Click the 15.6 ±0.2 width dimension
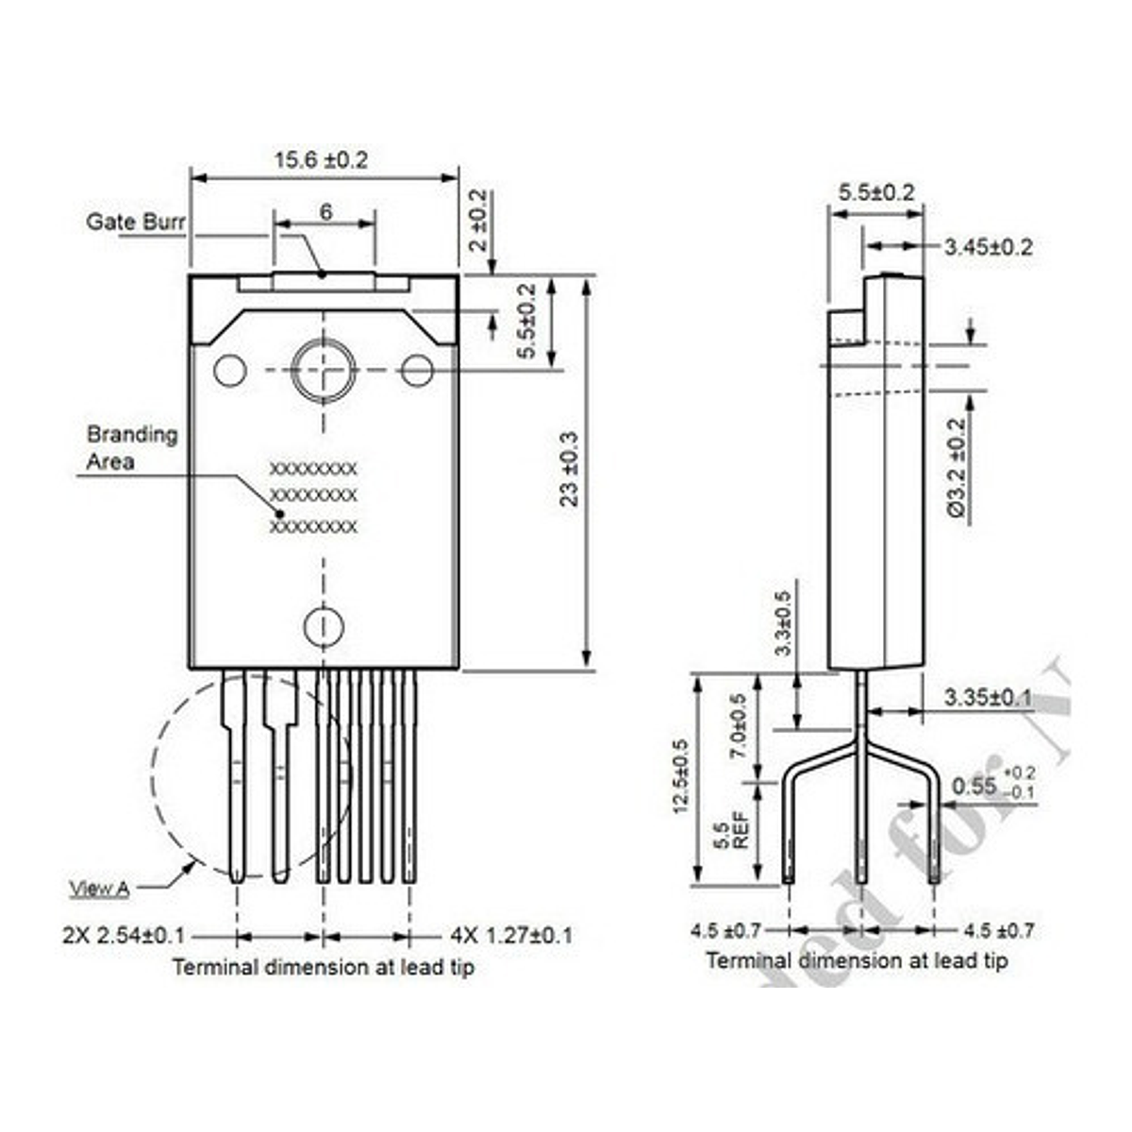pyautogui.click(x=321, y=159)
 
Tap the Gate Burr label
pyautogui.click(x=136, y=222)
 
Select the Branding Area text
pyautogui.click(x=131, y=447)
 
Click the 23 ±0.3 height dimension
pyautogui.click(x=569, y=469)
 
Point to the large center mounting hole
pyautogui.click(x=323, y=370)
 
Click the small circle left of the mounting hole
pyautogui.click(x=229, y=371)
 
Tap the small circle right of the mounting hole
pyautogui.click(x=417, y=371)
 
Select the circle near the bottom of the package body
pyautogui.click(x=323, y=625)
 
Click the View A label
pyautogui.click(x=99, y=888)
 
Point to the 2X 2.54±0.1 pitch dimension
pyautogui.click(x=124, y=936)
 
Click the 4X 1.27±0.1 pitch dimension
pyautogui.click(x=510, y=936)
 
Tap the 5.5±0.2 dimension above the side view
pyautogui.click(x=876, y=192)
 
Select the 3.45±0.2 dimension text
pyautogui.click(x=988, y=247)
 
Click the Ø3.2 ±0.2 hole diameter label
pyautogui.click(x=956, y=468)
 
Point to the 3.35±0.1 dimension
pyautogui.click(x=988, y=697)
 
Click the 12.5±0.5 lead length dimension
pyautogui.click(x=680, y=776)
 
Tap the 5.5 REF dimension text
pyautogui.click(x=731, y=830)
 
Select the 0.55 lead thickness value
pyautogui.click(x=974, y=785)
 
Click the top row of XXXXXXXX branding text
pyautogui.click(x=313, y=468)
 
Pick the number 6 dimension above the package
pyautogui.click(x=325, y=211)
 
